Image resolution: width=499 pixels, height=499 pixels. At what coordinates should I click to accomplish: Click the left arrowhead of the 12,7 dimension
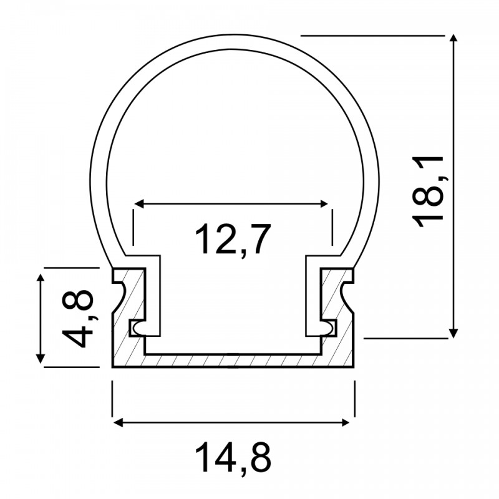coord(138,203)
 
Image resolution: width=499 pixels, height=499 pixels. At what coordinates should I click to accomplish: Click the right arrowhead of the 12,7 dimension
coord(324,203)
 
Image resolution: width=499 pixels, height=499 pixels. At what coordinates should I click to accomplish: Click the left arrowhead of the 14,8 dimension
coord(117,422)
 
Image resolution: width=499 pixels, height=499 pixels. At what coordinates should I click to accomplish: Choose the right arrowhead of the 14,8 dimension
coord(349,422)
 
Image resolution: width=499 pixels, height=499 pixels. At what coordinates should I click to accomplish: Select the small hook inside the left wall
coord(135,327)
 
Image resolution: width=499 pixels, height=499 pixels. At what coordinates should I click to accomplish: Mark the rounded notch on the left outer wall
coord(121,293)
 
